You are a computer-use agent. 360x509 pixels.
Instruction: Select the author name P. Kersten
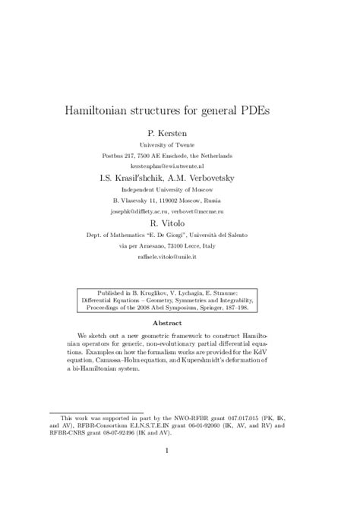179,132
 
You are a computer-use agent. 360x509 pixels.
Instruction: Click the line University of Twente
179,144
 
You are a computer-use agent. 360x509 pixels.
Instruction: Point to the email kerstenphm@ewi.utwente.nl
179,165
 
